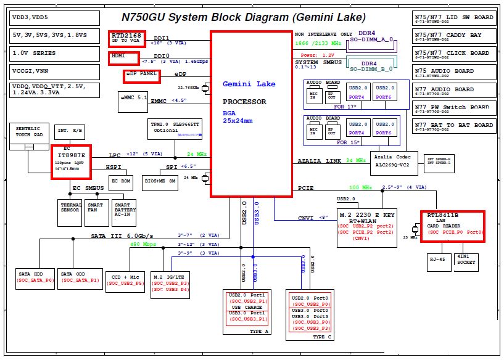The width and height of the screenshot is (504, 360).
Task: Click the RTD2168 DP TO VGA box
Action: coord(127,39)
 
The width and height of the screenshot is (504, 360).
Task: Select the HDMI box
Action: coord(125,58)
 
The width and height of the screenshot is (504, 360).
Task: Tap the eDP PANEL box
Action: coord(141,76)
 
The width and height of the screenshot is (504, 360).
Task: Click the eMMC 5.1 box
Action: coord(133,98)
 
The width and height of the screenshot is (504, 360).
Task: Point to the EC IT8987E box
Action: coord(71,162)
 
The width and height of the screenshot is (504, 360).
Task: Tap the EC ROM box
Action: coord(121,182)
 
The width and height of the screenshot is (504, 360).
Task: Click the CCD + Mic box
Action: coord(125,279)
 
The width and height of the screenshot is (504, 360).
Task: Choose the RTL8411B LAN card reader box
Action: coord(452,226)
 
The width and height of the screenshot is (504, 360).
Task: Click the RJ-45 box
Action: coord(439,261)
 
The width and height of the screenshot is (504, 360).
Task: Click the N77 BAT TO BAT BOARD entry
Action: coord(454,127)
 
